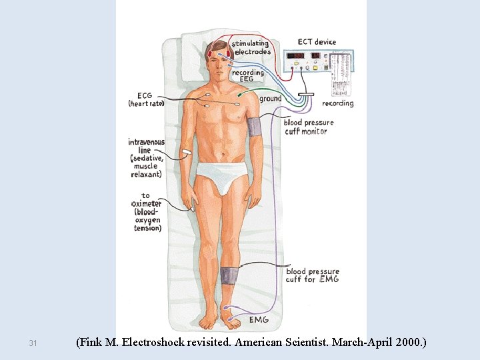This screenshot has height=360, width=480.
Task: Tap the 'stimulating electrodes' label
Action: pos(251,48)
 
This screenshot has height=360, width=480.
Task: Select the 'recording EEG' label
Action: pos(247,76)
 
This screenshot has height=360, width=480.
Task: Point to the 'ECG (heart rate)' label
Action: pos(146,99)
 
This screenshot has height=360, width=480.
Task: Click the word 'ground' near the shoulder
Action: pos(270,99)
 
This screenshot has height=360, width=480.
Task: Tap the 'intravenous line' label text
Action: pos(146,157)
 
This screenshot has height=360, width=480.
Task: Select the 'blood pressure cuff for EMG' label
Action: pos(312,275)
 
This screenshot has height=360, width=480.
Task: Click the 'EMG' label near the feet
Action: pos(259,320)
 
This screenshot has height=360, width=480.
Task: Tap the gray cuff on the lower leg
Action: pos(229,277)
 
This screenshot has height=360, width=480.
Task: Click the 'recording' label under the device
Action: pos(337,103)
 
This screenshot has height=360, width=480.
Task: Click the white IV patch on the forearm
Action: pos(185,155)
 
